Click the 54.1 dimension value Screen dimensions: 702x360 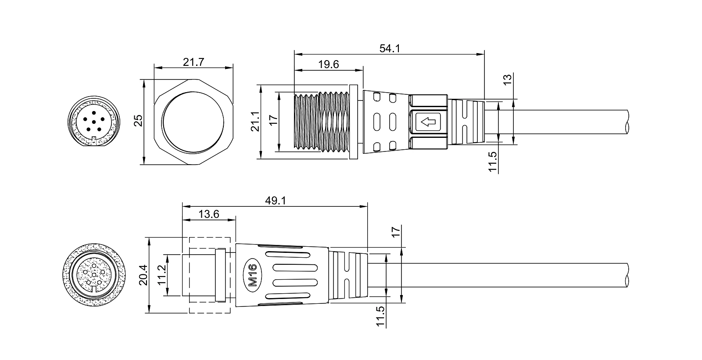(390, 48)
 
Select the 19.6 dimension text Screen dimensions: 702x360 (329, 64)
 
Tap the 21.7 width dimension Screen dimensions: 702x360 (193, 62)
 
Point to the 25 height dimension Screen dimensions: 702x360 (138, 121)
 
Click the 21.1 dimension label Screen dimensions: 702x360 (255, 121)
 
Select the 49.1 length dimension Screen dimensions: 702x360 (276, 201)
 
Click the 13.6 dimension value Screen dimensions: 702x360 (209, 214)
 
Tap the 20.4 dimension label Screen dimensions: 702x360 (143, 275)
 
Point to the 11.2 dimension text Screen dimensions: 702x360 (161, 275)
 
